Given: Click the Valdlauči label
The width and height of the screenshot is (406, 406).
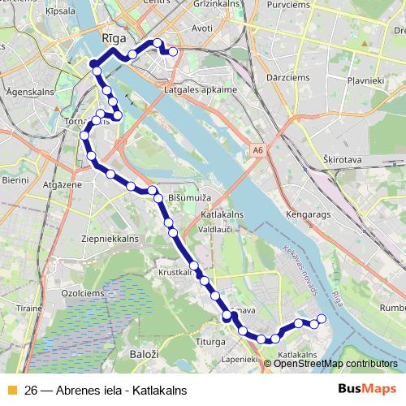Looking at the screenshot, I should (217, 229).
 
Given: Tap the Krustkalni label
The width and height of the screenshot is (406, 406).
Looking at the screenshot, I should (175, 273).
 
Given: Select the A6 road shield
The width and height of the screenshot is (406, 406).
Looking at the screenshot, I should (257, 150).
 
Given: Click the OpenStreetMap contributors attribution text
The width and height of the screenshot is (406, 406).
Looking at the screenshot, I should (336, 363).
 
